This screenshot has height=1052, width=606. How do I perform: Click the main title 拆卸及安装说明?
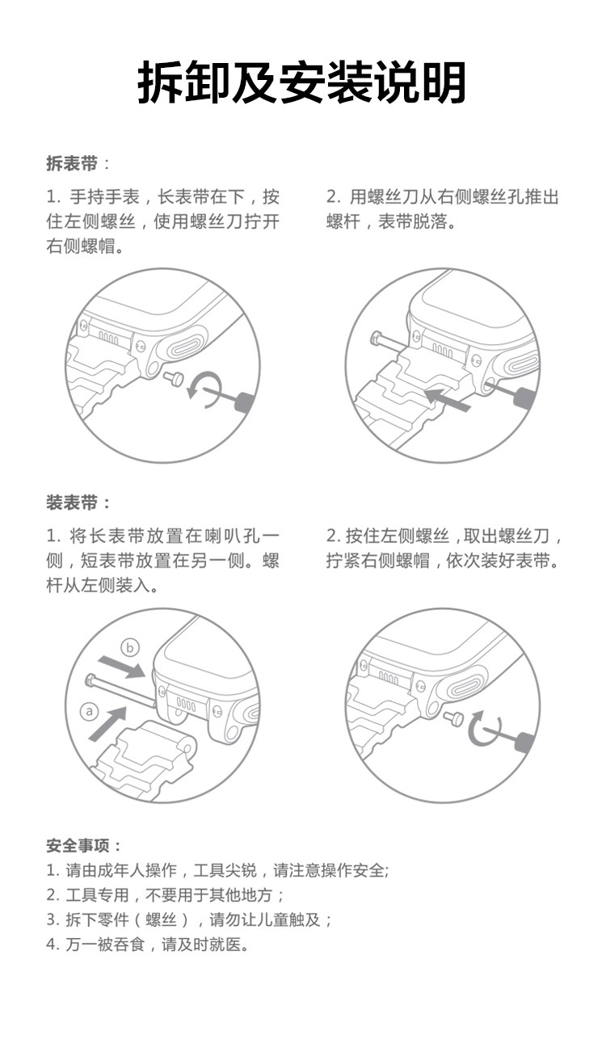[302, 82]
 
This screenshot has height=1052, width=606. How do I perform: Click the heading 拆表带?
[72, 164]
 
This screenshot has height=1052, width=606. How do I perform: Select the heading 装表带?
[72, 503]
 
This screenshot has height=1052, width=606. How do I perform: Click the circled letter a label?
[90, 710]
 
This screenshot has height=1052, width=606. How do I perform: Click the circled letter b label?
[130, 646]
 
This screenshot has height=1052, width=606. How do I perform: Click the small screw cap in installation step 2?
[453, 716]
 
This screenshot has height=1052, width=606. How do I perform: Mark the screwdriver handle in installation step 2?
[526, 741]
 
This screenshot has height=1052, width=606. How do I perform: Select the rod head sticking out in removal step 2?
[376, 339]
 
